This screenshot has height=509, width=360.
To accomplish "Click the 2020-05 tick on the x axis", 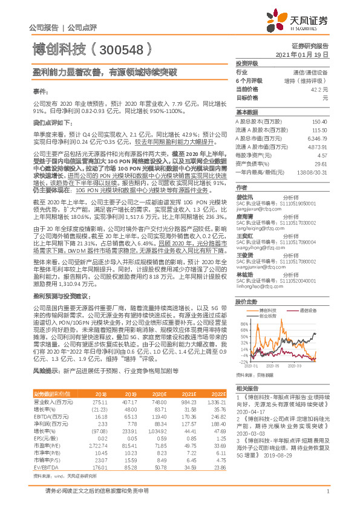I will (272, 366).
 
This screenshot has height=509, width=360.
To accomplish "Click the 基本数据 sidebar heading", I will (247, 112).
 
